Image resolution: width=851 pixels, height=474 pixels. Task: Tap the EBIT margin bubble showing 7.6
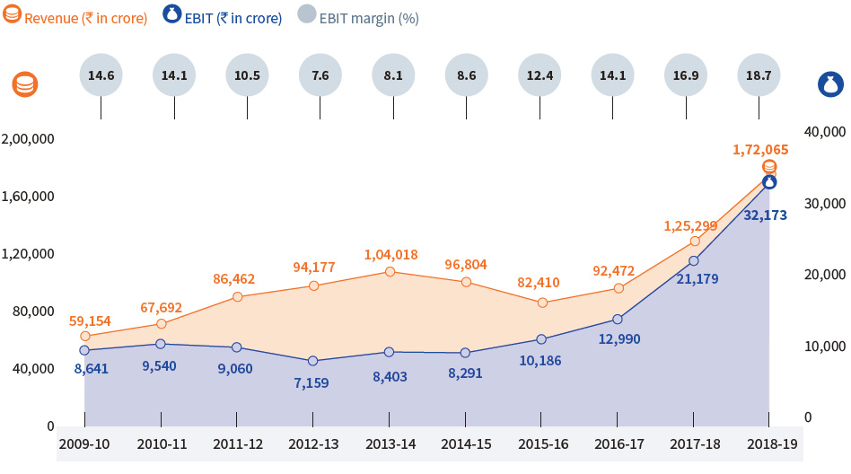320,75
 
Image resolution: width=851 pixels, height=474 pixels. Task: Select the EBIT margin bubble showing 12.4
540,75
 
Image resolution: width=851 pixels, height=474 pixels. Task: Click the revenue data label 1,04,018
391,255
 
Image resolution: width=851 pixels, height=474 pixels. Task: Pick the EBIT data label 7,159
313,383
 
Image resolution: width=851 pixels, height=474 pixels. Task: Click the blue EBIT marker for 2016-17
618,320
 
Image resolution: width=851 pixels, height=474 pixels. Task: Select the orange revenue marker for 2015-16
541,303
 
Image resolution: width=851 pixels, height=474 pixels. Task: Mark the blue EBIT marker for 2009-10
84,351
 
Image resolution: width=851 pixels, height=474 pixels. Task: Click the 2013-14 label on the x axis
390,443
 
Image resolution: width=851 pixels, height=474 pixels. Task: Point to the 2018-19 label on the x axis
771,443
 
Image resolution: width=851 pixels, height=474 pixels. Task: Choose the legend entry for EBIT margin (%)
358,18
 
